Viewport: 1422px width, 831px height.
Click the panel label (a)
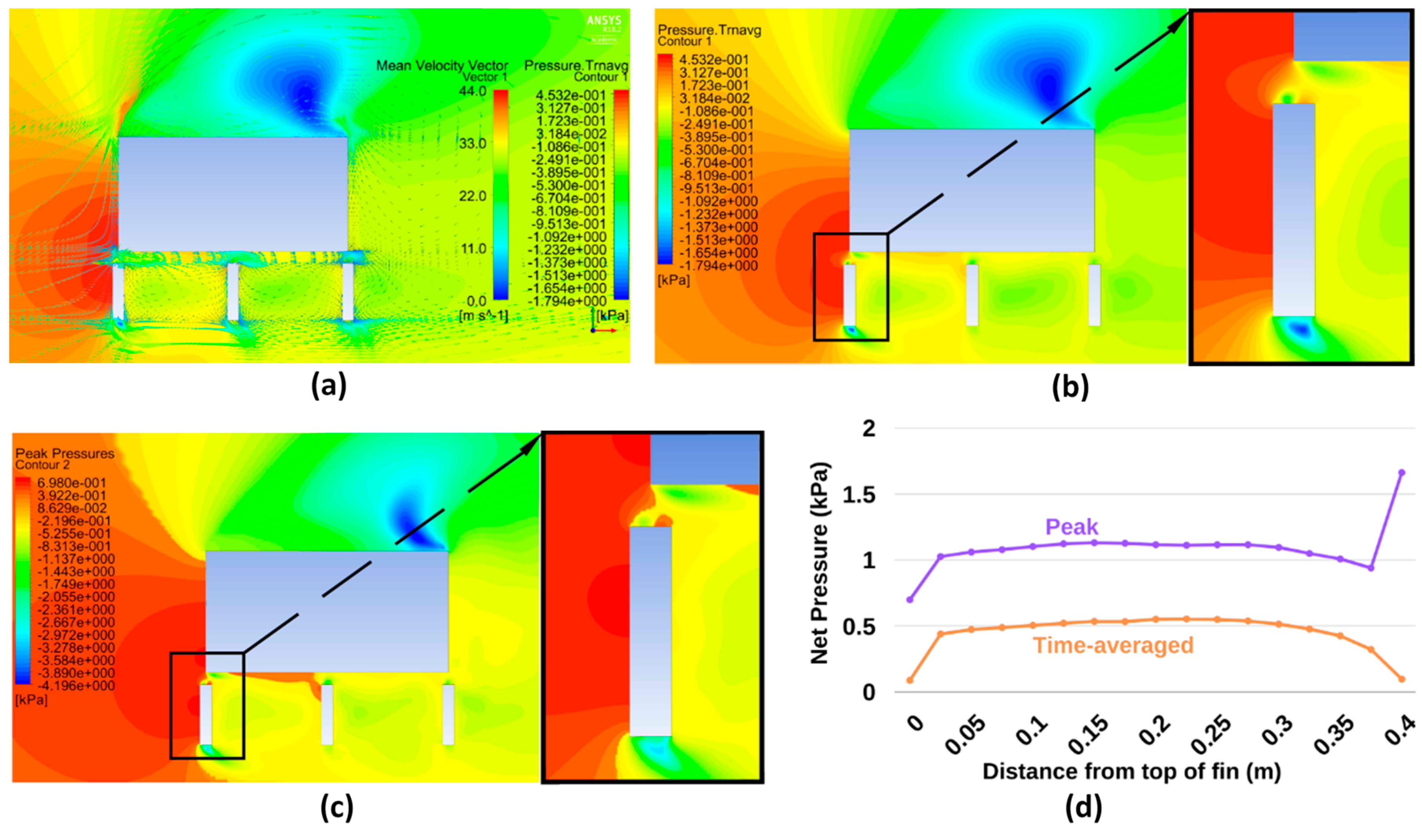(329, 386)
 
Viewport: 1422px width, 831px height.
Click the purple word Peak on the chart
(1071, 527)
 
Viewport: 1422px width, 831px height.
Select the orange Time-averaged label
(1113, 645)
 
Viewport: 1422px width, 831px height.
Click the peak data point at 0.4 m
(1401, 473)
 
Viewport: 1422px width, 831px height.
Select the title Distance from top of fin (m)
(1132, 771)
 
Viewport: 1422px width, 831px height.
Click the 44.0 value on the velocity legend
(473, 91)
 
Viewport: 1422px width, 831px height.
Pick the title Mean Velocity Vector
(442, 65)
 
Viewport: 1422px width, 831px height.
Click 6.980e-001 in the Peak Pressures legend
(71, 483)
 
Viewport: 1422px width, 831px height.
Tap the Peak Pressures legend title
(64, 454)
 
